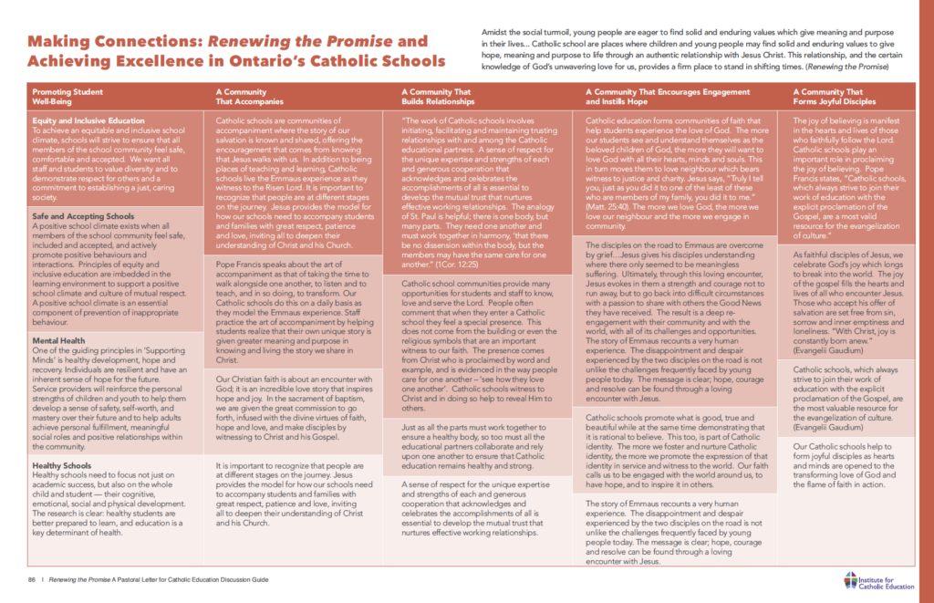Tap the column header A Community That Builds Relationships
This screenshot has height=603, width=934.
pyautogui.click(x=437, y=96)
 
